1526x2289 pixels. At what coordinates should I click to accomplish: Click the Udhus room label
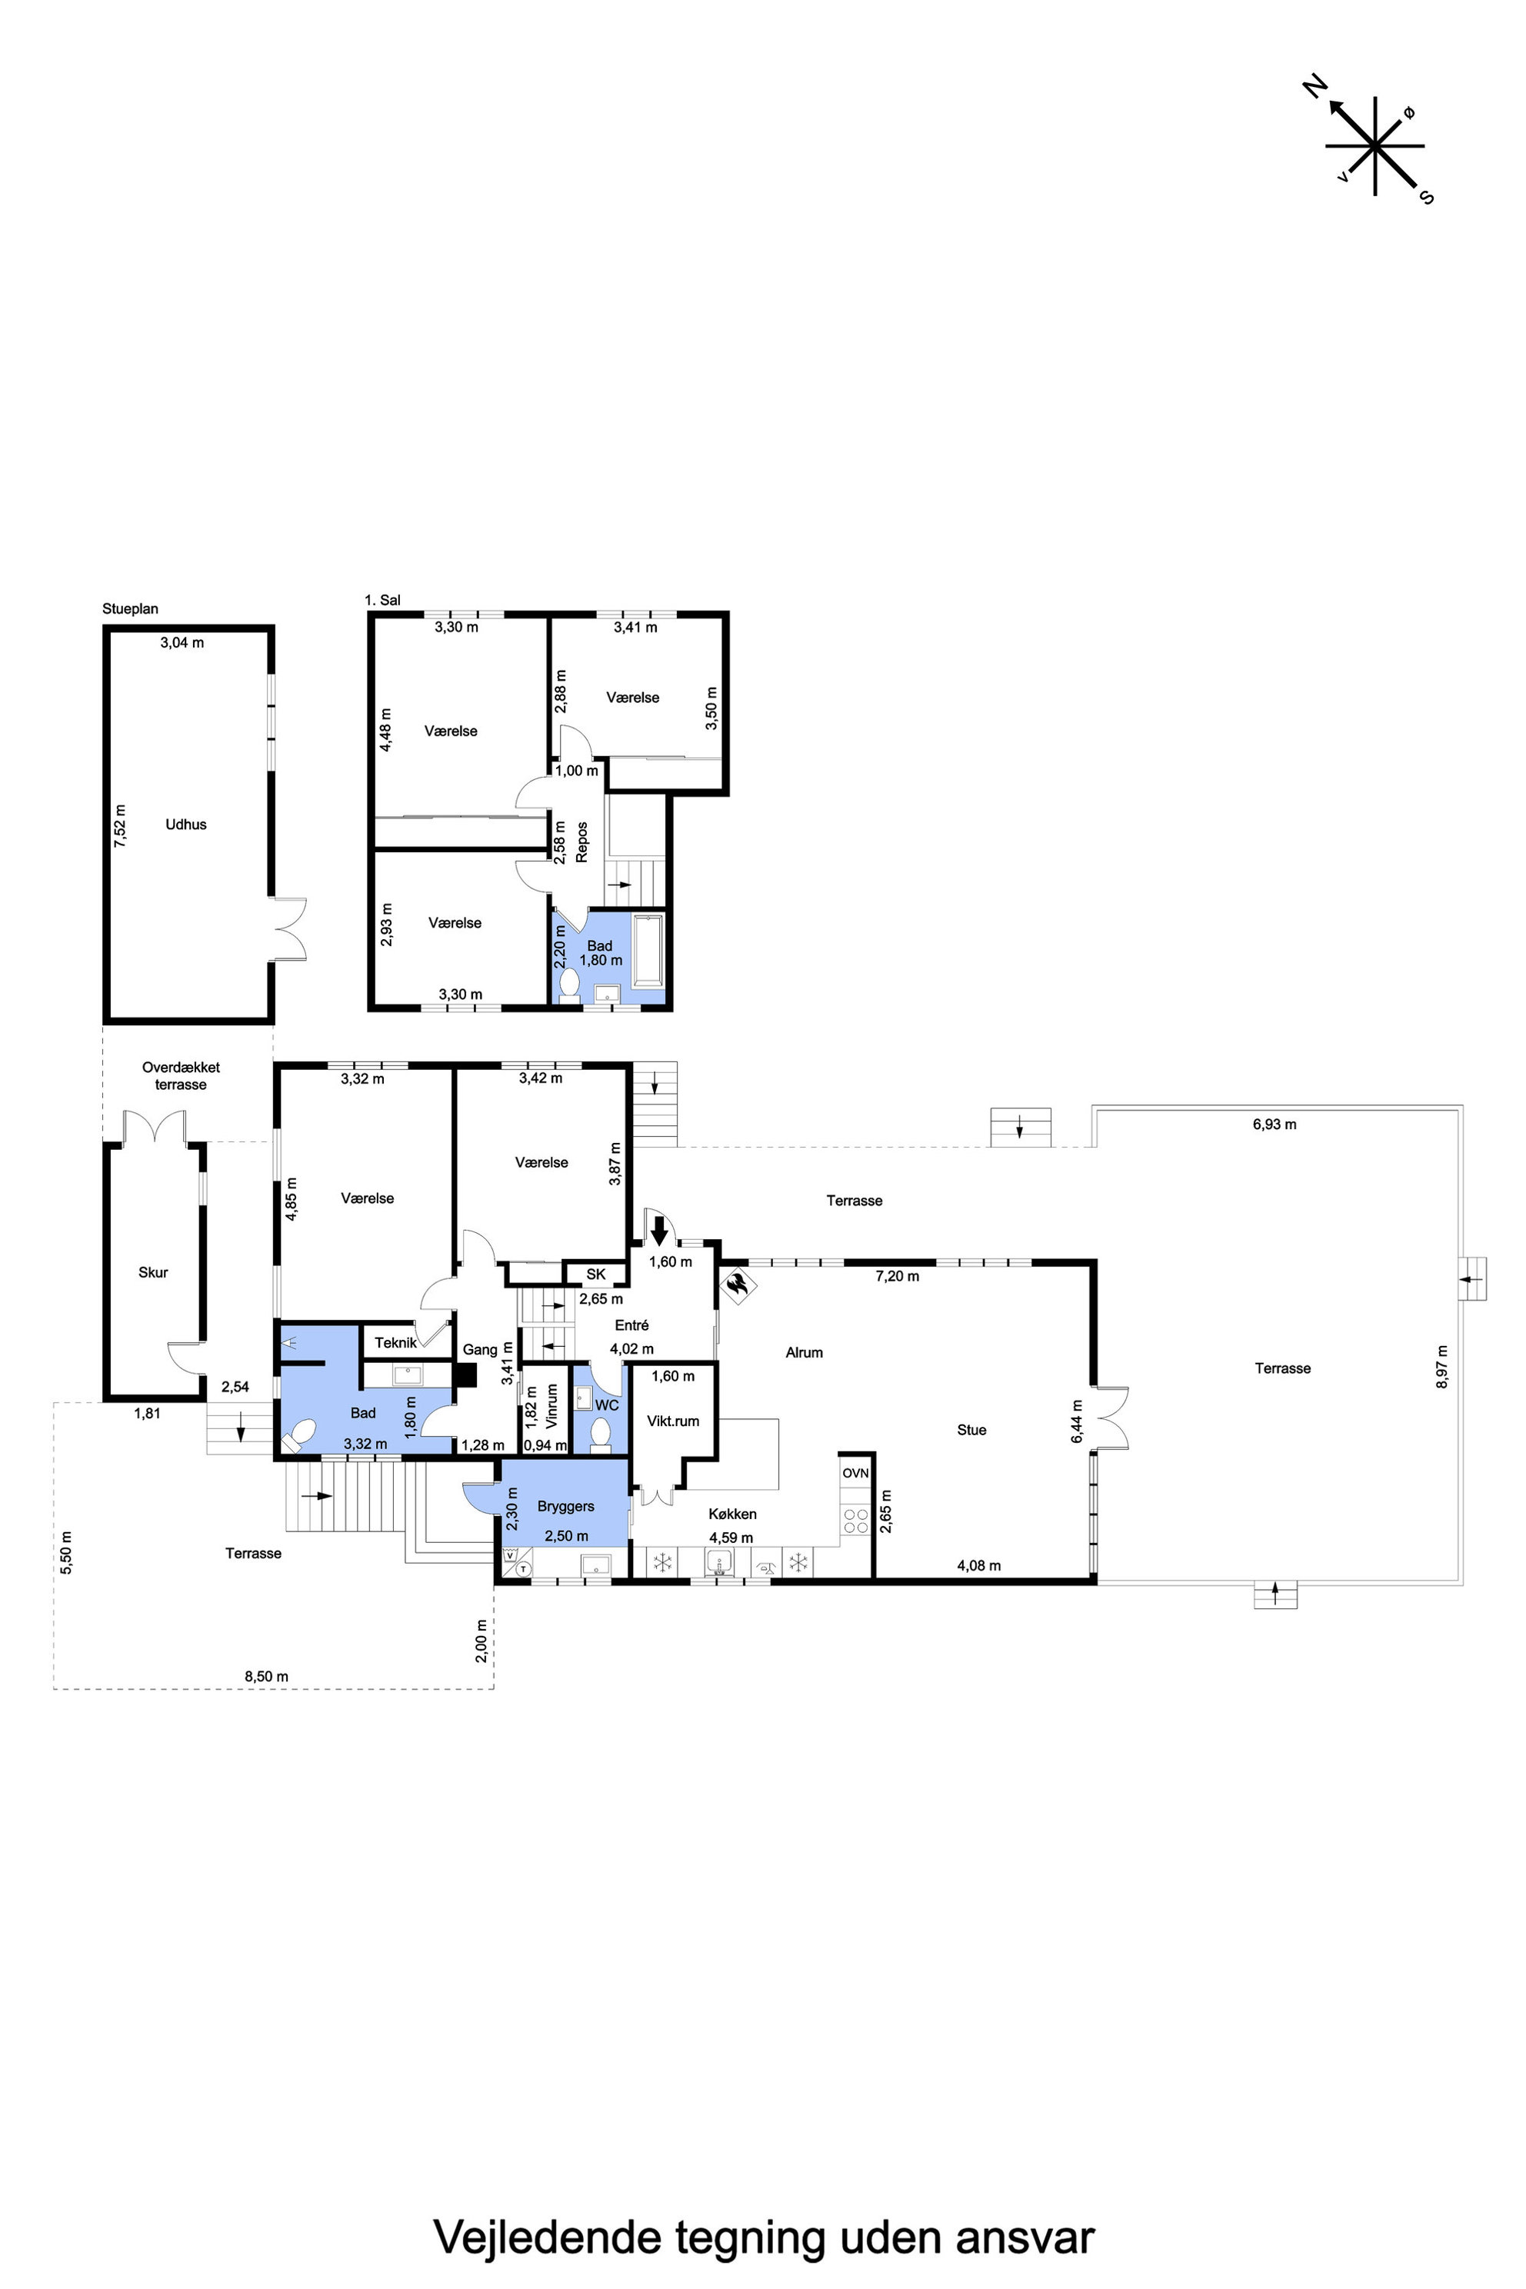coord(186,825)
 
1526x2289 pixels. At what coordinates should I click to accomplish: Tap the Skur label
coord(153,1272)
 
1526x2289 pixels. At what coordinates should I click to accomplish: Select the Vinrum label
coord(551,1405)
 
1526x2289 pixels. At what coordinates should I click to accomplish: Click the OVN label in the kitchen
coord(855,1474)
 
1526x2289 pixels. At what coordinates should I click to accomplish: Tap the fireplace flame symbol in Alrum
coord(738,1284)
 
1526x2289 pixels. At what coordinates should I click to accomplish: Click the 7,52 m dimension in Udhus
coord(120,825)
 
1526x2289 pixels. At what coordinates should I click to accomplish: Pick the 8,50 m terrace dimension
coord(267,1676)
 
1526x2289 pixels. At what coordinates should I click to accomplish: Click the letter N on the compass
coord(1314,87)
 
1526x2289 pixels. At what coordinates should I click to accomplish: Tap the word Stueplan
coord(131,609)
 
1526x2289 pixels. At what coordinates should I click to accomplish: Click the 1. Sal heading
coord(382,601)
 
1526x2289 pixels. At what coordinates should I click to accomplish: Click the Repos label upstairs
coord(582,841)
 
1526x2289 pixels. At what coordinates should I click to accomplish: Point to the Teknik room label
coord(396,1342)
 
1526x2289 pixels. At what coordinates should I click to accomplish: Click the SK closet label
coord(595,1274)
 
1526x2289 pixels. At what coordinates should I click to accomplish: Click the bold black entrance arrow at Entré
coord(659,1231)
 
